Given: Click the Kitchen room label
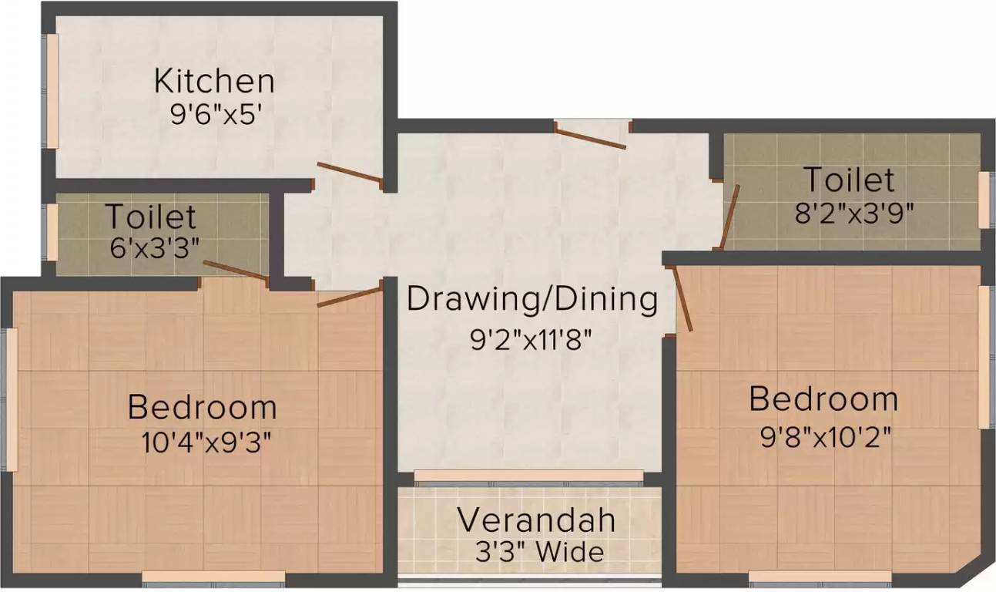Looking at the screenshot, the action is [214, 82].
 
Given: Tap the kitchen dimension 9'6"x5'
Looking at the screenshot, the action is [214, 116].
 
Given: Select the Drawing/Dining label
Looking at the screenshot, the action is [532, 301].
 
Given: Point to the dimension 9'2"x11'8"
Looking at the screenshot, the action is [532, 341].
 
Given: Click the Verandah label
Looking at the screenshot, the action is [537, 520].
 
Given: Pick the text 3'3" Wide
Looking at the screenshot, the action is [539, 553].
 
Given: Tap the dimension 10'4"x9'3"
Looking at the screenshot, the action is [206, 442].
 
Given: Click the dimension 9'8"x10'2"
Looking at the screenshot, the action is [826, 438].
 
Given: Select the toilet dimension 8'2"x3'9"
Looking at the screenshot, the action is [853, 214].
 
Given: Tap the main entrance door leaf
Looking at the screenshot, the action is [591, 138].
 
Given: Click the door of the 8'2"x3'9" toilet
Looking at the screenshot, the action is [729, 217].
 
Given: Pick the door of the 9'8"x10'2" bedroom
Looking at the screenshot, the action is [683, 299].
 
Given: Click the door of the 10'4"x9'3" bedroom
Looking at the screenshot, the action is [350, 298].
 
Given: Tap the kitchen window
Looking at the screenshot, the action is [50, 91].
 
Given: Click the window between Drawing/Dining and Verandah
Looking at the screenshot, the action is [528, 476].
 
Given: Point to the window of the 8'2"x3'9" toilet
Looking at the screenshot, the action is [986, 200].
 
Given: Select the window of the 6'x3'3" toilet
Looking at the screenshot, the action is [50, 232].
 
